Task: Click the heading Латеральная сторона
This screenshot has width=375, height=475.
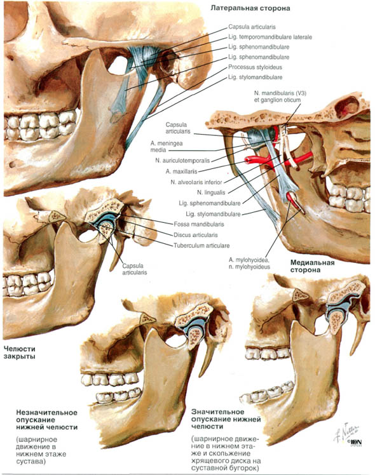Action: pyautogui.click(x=250, y=8)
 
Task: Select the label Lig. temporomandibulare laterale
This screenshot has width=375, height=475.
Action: pyautogui.click(x=270, y=37)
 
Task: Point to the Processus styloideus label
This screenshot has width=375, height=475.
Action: pyautogui.click(x=255, y=67)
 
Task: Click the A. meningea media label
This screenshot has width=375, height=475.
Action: pyautogui.click(x=167, y=146)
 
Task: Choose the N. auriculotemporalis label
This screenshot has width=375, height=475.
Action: pyautogui.click(x=182, y=161)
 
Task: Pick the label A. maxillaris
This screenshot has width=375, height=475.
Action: pyautogui.click(x=181, y=171)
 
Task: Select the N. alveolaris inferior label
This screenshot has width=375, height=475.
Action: pyautogui.click(x=196, y=182)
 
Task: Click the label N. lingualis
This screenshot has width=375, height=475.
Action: pyautogui.click(x=211, y=192)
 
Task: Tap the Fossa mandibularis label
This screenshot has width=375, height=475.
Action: pyautogui.click(x=199, y=224)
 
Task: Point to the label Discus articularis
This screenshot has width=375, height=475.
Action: pyautogui.click(x=196, y=235)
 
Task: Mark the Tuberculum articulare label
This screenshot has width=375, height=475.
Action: pyautogui.click(x=201, y=245)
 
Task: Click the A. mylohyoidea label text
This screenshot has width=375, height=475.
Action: pyautogui.click(x=249, y=260)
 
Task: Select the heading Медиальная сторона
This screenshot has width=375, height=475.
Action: pyautogui.click(x=312, y=266)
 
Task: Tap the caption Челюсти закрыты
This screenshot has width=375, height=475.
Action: pyautogui.click(x=20, y=352)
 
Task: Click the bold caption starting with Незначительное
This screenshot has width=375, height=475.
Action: pyautogui.click(x=46, y=420)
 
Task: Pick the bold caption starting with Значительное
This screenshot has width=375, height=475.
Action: pyautogui.click(x=226, y=419)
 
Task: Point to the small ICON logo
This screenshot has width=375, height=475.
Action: pyautogui.click(x=355, y=443)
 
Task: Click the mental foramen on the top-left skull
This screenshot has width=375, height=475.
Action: pyautogui.click(x=12, y=164)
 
